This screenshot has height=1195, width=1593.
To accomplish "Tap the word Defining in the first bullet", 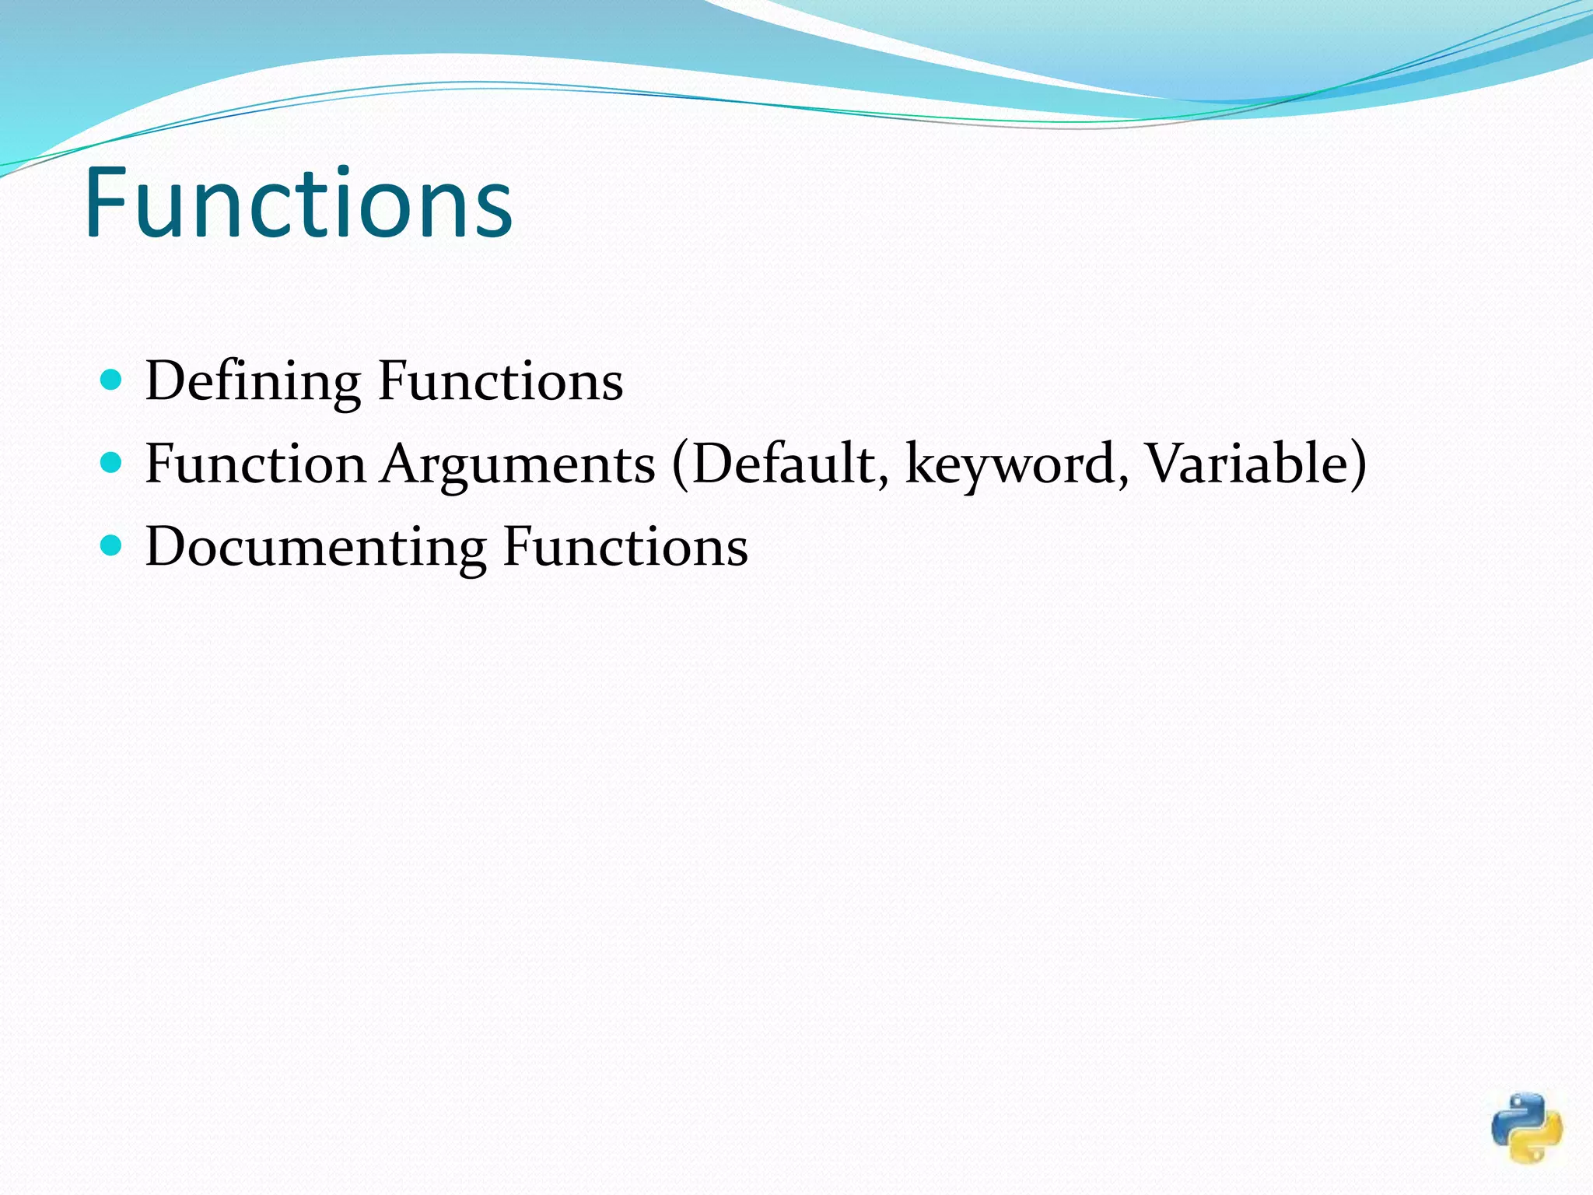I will pos(253,381).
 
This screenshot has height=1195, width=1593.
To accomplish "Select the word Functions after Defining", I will pos(500,381).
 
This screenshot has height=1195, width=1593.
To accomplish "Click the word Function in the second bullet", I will pos(255,464).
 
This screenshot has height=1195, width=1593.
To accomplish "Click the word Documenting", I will pos(316,547).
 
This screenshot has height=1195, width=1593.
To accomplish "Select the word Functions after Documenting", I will pos(625,547).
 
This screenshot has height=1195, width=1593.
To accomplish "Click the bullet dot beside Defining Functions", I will pos(112,380).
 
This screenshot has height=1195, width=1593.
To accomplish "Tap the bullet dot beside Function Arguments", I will pos(112,463).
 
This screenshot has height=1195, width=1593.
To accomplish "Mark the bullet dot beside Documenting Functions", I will pos(112,545).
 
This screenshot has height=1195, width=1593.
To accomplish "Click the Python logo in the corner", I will pos(1527,1127).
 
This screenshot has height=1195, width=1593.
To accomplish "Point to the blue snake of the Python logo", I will pos(1514,1116).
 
